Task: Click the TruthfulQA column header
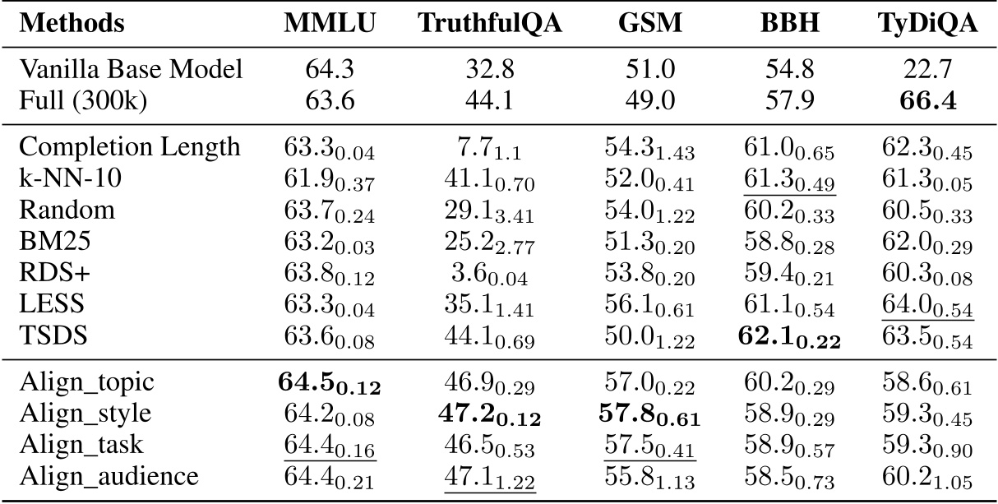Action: [x=490, y=23]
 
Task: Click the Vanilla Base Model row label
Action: [x=131, y=69]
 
